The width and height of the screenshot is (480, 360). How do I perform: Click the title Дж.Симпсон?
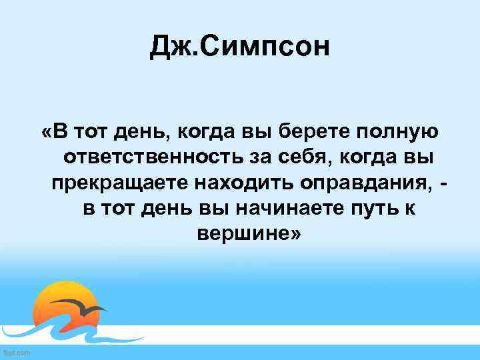240,47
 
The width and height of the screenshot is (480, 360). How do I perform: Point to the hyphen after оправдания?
443,182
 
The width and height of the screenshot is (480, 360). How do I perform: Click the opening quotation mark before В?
45,131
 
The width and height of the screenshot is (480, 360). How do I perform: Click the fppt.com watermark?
16,352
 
